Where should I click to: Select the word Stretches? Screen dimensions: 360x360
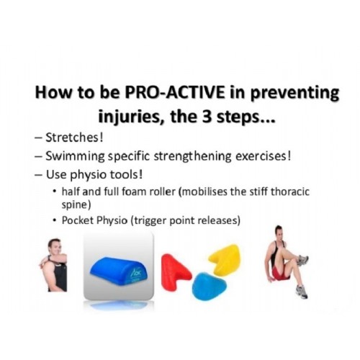(74, 138)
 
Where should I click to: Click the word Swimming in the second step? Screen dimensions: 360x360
(75, 157)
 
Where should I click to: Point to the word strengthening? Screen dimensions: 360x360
(193, 156)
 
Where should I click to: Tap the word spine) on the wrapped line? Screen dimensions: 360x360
(76, 205)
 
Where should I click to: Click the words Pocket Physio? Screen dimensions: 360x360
(94, 220)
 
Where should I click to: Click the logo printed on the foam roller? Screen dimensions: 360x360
(133, 274)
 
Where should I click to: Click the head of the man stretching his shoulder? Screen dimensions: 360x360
(54, 247)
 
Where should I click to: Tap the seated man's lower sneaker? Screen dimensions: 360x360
(302, 292)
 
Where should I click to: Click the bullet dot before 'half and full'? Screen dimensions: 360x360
(55, 192)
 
